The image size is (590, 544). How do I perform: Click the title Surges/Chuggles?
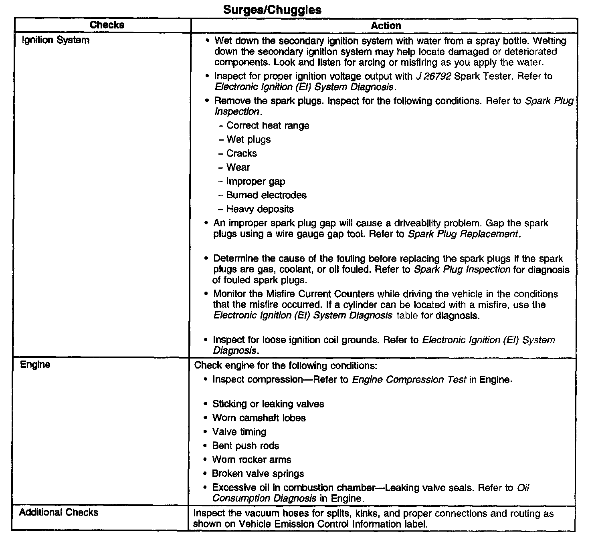click(x=272, y=10)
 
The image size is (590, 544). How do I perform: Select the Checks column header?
click(x=107, y=25)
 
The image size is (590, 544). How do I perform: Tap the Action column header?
click(x=386, y=26)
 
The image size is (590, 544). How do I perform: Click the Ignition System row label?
click(x=55, y=40)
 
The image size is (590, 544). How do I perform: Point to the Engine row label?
click(x=35, y=365)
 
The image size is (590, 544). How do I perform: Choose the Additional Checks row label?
click(x=59, y=512)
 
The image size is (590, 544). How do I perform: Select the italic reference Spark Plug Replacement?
click(x=463, y=234)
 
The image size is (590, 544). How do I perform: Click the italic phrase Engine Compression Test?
click(x=409, y=379)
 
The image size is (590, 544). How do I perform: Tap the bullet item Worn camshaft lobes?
click(x=259, y=418)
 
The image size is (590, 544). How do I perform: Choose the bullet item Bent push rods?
click(x=245, y=445)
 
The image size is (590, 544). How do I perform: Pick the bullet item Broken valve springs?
click(x=258, y=473)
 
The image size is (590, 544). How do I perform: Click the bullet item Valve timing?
click(x=239, y=432)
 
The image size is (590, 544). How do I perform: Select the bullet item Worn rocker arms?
click(x=251, y=459)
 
